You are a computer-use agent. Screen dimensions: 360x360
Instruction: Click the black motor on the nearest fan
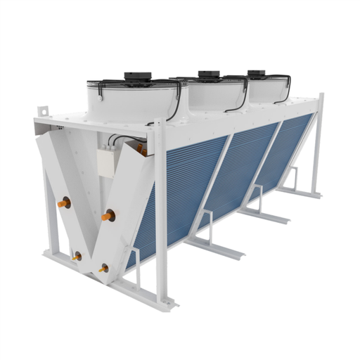(136, 75)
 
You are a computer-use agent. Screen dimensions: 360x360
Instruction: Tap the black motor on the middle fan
(207, 74)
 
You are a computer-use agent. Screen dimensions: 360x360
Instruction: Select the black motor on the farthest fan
(256, 72)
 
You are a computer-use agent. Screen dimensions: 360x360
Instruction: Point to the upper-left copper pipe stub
(64, 204)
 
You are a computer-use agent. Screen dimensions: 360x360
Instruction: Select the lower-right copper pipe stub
(103, 268)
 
